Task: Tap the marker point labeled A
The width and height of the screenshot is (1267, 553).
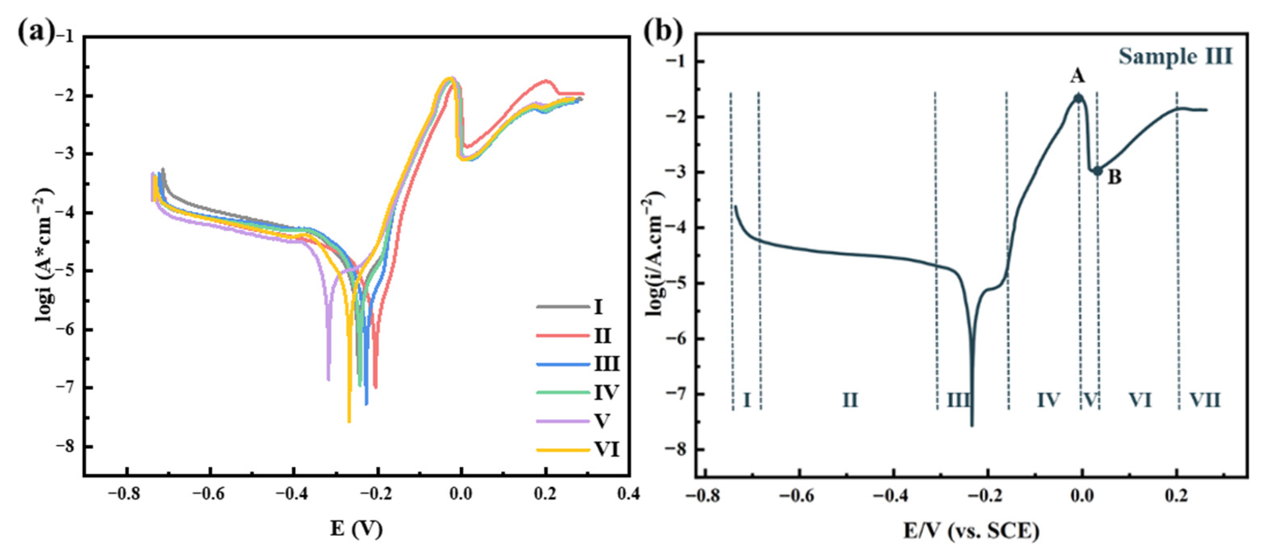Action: point(1078,98)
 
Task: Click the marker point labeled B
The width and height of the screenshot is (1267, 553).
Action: point(1097,171)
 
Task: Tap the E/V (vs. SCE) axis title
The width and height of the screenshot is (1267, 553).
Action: point(971,531)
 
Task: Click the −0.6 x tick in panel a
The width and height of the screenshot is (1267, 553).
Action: point(210,494)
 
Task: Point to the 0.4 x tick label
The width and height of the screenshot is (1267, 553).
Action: point(629,494)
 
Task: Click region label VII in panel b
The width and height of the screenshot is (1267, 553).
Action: point(1205,400)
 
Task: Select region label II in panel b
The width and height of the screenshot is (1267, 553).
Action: point(850,400)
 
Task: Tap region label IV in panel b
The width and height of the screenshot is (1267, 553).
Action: point(1048,400)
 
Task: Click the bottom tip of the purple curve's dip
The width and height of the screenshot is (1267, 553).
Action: point(328,379)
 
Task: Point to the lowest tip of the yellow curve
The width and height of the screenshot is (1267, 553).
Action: point(349,421)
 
